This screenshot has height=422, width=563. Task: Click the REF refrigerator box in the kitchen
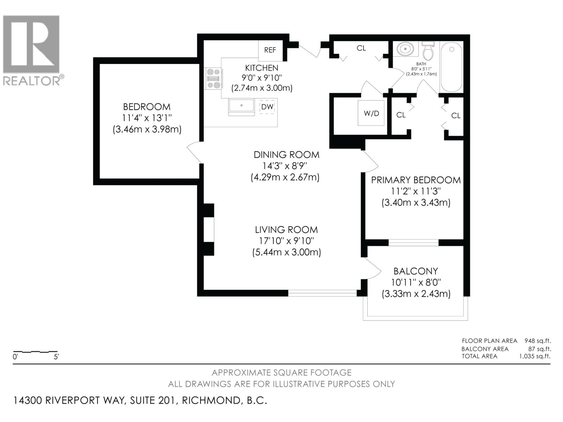coord(270,50)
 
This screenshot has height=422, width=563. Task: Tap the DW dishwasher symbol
coord(267,107)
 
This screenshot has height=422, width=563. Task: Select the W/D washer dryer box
coord(372,113)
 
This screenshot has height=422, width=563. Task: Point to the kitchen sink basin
coord(241,106)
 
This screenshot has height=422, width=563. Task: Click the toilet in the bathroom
coord(428,52)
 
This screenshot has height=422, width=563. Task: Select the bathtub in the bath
coord(451,67)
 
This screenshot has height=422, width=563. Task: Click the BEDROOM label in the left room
coord(146,107)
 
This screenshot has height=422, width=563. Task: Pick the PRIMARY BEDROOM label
coord(416,180)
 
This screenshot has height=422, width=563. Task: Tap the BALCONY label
coord(416,271)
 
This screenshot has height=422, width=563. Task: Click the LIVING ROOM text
coord(286,230)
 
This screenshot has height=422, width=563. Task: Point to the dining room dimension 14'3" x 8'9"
coord(285,166)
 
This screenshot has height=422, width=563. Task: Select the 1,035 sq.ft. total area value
coord(534,356)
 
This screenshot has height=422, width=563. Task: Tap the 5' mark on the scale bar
coord(56,357)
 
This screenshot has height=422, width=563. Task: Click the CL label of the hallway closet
coord(361,48)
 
